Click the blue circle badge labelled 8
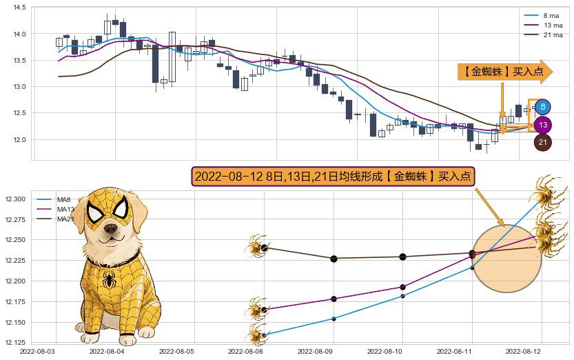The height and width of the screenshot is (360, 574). pyautogui.click(x=543, y=107)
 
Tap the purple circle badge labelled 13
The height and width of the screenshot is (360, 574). pyautogui.click(x=543, y=126)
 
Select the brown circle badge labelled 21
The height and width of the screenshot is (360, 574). pyautogui.click(x=543, y=143)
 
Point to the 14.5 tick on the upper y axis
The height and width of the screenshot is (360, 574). pyautogui.click(x=19, y=8)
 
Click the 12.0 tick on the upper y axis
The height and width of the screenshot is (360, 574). pyautogui.click(x=19, y=140)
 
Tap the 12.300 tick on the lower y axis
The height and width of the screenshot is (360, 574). pyautogui.click(x=14, y=199)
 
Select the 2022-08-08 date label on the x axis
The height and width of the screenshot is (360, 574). pyautogui.click(x=264, y=351)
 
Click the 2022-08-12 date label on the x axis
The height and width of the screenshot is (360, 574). pyautogui.click(x=542, y=351)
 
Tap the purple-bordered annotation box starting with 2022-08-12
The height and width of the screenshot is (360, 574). pyautogui.click(x=334, y=177)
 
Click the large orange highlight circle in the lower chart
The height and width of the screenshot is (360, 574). pyautogui.click(x=507, y=259)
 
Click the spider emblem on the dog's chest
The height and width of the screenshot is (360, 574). pyautogui.click(x=110, y=279)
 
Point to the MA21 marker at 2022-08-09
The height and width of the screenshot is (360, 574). pyautogui.click(x=334, y=259)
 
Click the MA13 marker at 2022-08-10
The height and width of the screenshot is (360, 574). pyautogui.click(x=403, y=287)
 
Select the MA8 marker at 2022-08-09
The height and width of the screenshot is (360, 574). pyautogui.click(x=334, y=319)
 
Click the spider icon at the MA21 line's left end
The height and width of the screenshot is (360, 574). pyautogui.click(x=258, y=247)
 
